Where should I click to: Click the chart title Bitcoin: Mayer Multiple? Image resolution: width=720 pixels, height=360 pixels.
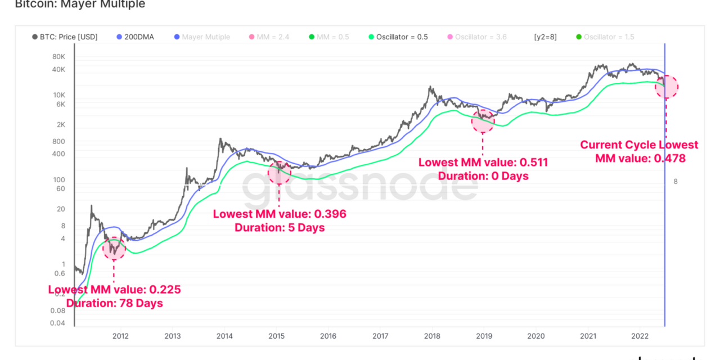click(80, 4)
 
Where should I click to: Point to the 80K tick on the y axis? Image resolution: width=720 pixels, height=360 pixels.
click(58, 57)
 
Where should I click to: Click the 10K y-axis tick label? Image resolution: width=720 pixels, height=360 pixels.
click(59, 94)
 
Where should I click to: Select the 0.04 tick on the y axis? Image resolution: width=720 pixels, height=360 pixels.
click(57, 323)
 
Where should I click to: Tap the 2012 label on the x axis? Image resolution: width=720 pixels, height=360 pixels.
click(120, 336)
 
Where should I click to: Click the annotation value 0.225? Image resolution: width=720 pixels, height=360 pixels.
click(165, 290)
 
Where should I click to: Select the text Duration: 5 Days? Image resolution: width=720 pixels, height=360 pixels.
click(280, 228)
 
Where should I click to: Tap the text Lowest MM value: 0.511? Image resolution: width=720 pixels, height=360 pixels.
click(483, 163)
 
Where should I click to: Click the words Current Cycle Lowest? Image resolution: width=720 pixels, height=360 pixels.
click(639, 145)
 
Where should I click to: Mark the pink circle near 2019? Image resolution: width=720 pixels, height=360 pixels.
click(483, 120)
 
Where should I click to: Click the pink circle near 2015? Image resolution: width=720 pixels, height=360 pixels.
click(279, 173)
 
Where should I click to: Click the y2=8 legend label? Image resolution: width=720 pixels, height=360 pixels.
click(545, 37)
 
